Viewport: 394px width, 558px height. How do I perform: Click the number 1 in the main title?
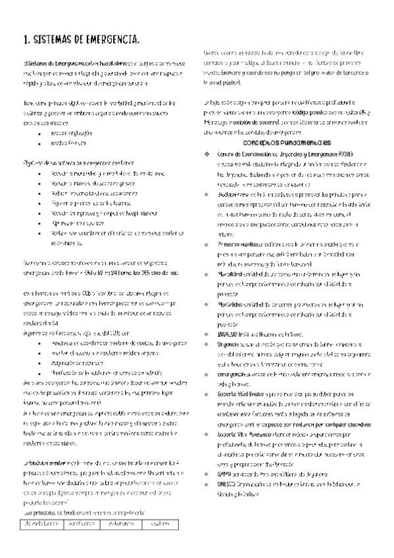(x=25, y=41)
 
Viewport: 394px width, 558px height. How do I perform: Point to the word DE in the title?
(x=84, y=41)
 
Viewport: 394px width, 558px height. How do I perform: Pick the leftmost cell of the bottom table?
(x=41, y=524)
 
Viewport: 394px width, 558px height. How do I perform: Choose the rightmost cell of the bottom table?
(x=159, y=524)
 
